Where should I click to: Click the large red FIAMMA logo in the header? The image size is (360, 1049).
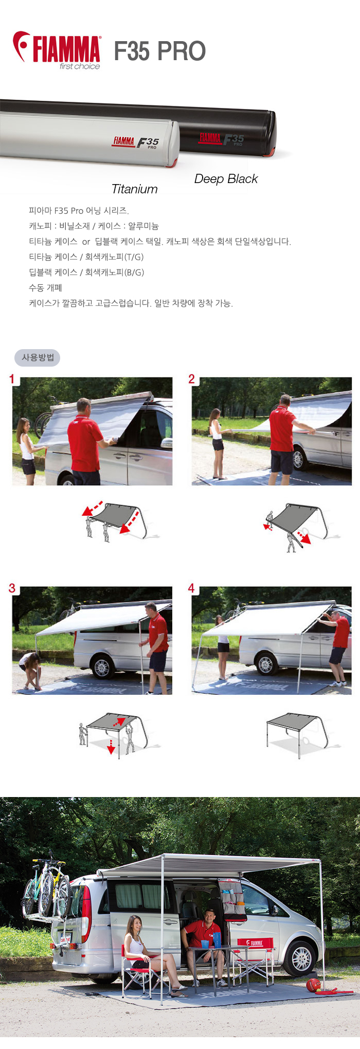57,50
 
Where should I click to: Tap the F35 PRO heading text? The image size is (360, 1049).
160,51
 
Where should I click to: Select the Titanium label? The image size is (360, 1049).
135,189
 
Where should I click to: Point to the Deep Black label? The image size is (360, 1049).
226,179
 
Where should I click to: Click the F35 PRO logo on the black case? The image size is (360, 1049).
222,139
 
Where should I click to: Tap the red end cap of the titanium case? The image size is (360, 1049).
174,162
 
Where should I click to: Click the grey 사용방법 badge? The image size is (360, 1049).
38,357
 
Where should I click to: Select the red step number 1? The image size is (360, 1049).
12,379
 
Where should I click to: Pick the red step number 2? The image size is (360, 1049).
191,379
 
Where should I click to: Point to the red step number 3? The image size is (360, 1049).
12,588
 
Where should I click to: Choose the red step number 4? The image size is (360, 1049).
191,588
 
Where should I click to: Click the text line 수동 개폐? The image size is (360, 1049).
45,288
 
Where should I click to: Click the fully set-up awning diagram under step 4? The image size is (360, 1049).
297,734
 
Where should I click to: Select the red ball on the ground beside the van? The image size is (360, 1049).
313,985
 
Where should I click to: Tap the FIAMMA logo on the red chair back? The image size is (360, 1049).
257,943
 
